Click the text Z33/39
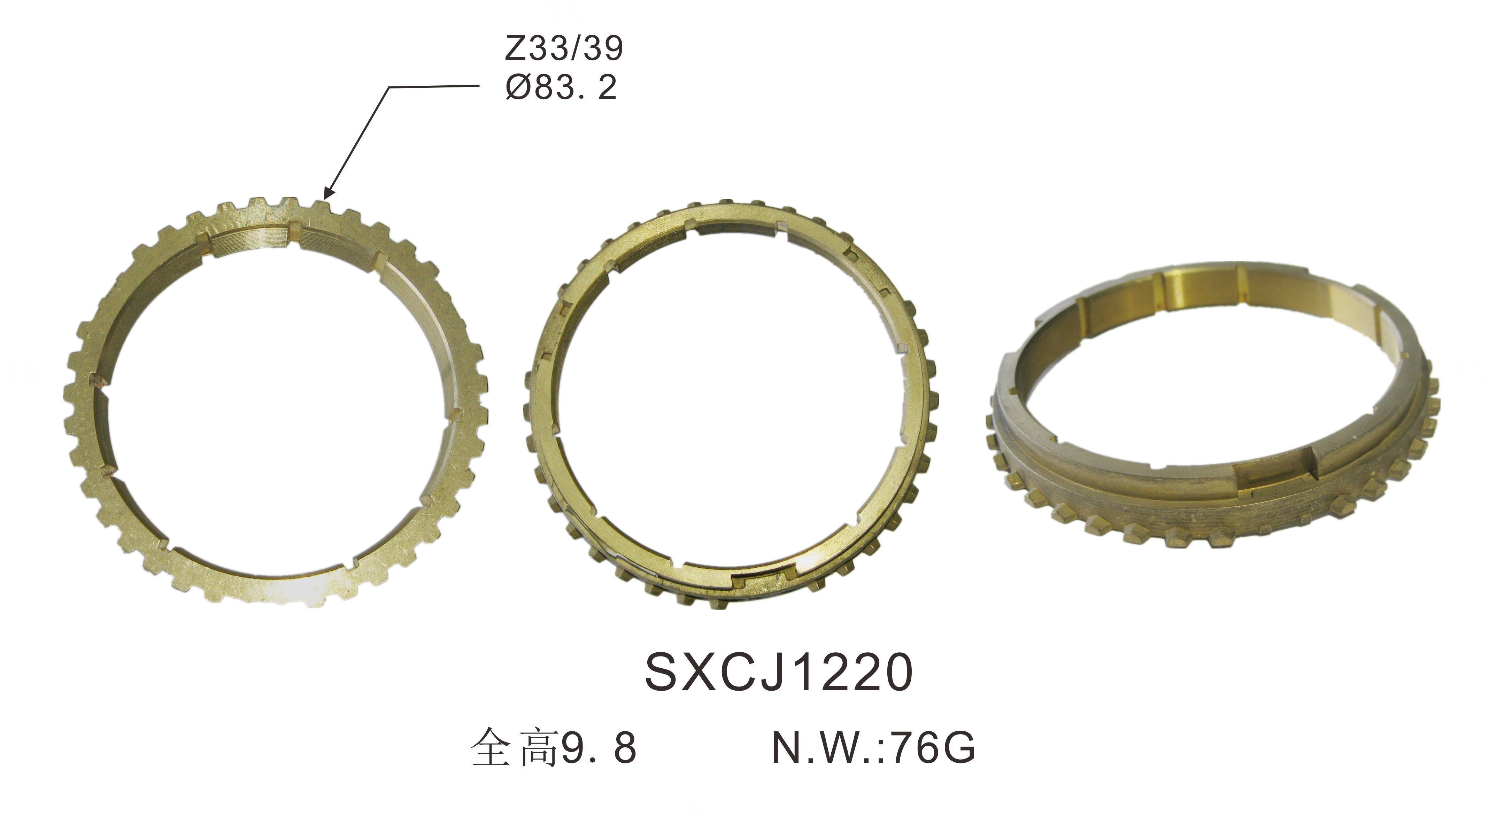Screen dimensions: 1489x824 tap(564, 48)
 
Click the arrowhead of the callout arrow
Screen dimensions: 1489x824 tap(328, 193)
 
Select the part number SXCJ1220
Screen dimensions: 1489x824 tap(779, 673)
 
